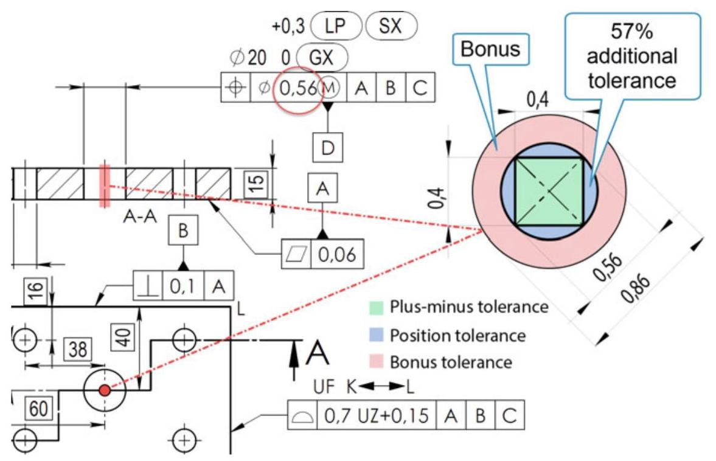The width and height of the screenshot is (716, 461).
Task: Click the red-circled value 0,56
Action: pyautogui.click(x=297, y=89)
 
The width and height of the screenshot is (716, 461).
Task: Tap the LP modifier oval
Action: pyautogui.click(x=336, y=27)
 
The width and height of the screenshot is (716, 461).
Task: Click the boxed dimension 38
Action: pyautogui.click(x=77, y=350)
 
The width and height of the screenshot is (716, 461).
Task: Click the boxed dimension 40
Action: pyautogui.click(x=124, y=336)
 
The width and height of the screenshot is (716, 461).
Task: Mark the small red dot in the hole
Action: pyautogui.click(x=105, y=390)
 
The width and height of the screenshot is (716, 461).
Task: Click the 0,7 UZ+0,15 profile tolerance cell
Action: pyautogui.click(x=375, y=416)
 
